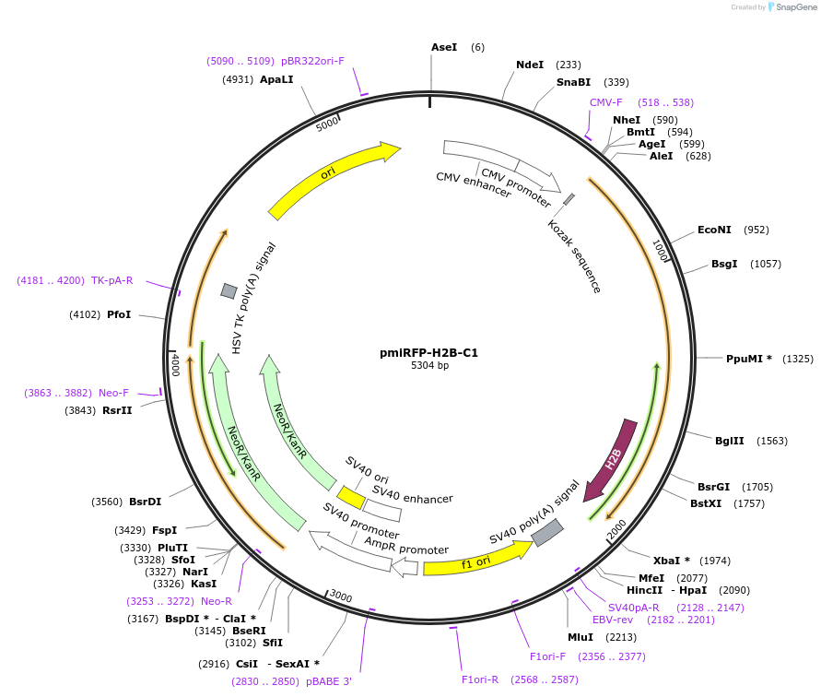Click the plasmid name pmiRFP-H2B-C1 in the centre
pyautogui.click(x=429, y=352)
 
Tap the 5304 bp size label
pyautogui.click(x=429, y=366)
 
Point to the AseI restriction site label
pyautogui.click(x=444, y=47)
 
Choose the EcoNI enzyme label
pyautogui.click(x=714, y=230)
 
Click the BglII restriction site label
pyautogui.click(x=730, y=441)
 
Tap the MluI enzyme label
pyautogui.click(x=581, y=636)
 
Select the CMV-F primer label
pyautogui.click(x=606, y=102)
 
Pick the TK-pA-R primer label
pyautogui.click(x=111, y=280)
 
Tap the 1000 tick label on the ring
pyautogui.click(x=661, y=251)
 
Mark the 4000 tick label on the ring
pyautogui.click(x=175, y=363)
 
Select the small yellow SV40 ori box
pyautogui.click(x=351, y=497)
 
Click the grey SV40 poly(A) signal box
pyautogui.click(x=547, y=532)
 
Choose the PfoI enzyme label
pyautogui.click(x=119, y=314)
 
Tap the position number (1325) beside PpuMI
pyautogui.click(x=798, y=359)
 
